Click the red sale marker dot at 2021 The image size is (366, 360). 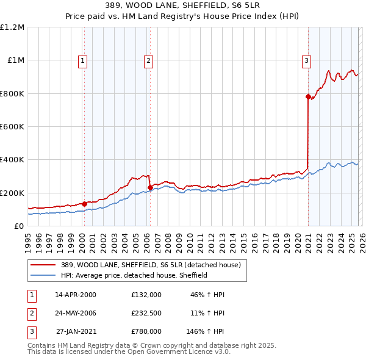(308, 96)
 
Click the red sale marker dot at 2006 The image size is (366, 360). (150, 187)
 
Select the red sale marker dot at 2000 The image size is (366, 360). (84, 204)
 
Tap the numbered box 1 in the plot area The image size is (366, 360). (82, 60)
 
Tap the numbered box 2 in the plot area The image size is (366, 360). (148, 60)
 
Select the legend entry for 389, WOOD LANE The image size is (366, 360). (151, 265)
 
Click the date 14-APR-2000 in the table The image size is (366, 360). (76, 294)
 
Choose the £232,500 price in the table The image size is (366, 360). (146, 313)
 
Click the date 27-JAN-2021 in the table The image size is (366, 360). (76, 332)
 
